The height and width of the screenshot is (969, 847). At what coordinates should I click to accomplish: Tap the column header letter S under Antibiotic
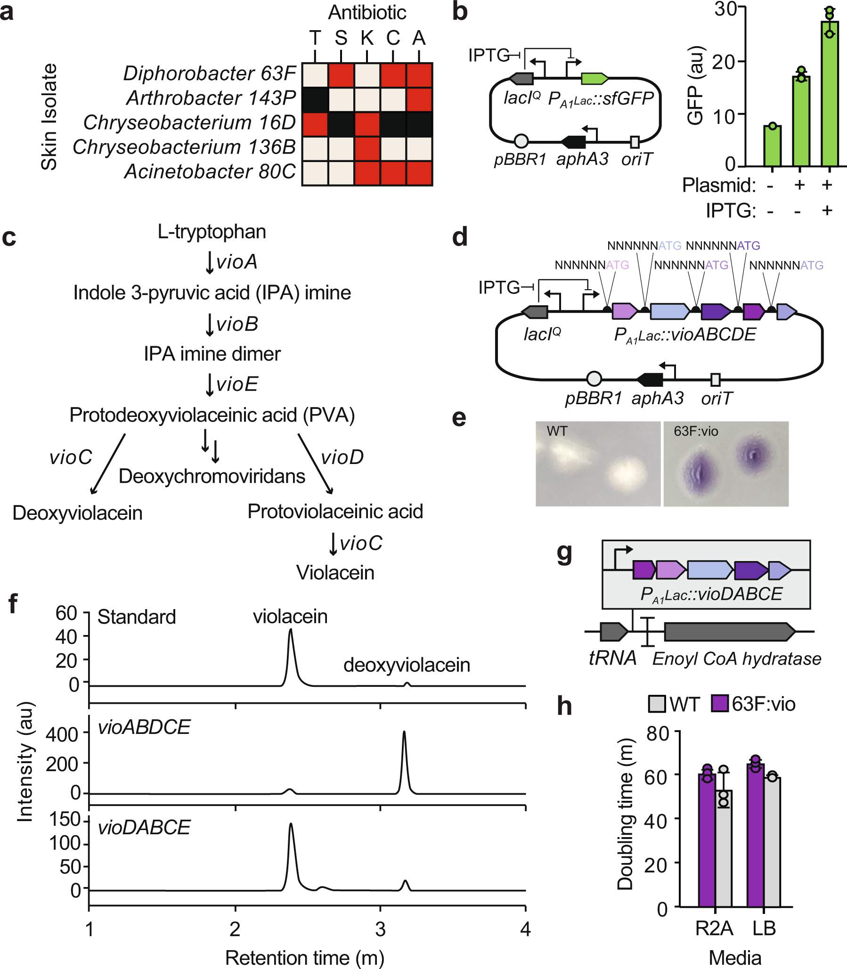pyautogui.click(x=341, y=38)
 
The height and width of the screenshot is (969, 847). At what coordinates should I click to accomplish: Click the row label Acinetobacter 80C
pyautogui.click(x=210, y=172)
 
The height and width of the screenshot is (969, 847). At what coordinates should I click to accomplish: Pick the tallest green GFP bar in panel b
pyautogui.click(x=830, y=95)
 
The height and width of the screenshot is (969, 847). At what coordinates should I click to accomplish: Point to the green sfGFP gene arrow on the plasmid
pyautogui.click(x=594, y=79)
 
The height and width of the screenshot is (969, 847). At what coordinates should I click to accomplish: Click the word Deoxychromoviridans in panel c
pyautogui.click(x=212, y=476)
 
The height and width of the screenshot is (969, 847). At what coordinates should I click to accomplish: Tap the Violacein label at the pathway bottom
pyautogui.click(x=335, y=573)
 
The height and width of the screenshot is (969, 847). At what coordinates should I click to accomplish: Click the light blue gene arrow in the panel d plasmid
pyautogui.click(x=669, y=311)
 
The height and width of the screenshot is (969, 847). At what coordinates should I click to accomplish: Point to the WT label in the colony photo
pyautogui.click(x=557, y=431)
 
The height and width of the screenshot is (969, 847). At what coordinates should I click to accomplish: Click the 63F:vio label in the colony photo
pyautogui.click(x=696, y=431)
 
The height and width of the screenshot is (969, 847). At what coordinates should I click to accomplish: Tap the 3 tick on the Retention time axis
pyautogui.click(x=380, y=929)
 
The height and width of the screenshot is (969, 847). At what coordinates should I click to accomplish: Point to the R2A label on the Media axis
pyautogui.click(x=714, y=928)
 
